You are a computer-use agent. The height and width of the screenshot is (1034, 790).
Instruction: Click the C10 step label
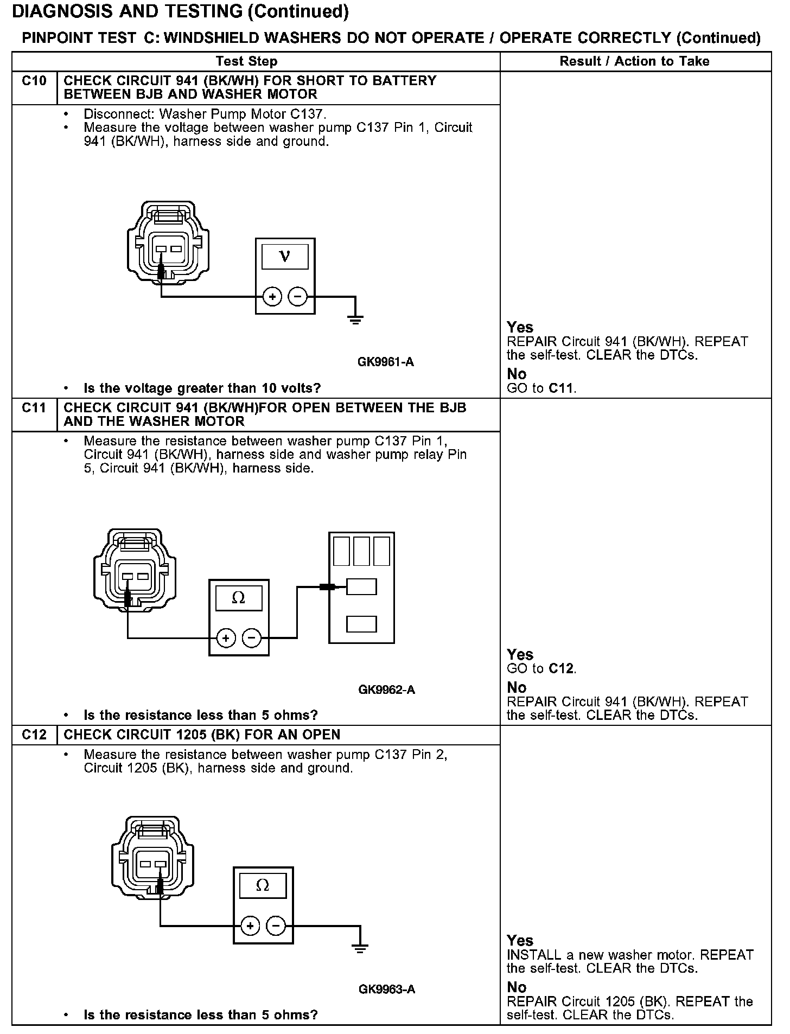click(34, 81)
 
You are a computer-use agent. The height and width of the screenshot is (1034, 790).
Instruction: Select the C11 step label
click(34, 408)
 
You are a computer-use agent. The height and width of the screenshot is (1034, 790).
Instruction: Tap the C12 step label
click(34, 735)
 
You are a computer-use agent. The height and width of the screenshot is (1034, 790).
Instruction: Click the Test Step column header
click(246, 61)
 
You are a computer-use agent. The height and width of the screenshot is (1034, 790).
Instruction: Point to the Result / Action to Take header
click(634, 61)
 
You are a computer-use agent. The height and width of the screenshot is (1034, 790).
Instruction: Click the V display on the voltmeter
click(285, 257)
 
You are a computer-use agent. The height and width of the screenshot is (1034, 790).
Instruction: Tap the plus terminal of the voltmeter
click(272, 297)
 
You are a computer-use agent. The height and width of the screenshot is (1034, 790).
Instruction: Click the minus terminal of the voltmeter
click(297, 297)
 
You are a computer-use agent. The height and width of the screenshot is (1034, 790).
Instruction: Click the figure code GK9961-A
click(386, 362)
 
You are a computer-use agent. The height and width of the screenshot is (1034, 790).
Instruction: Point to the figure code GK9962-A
click(386, 690)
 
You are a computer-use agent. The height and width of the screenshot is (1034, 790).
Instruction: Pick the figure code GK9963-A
click(386, 989)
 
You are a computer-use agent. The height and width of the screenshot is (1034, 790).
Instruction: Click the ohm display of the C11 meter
click(239, 598)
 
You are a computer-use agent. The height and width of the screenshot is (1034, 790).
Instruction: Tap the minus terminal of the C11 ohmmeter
click(251, 638)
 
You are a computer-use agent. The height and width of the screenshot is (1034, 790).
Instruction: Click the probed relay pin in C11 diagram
click(361, 586)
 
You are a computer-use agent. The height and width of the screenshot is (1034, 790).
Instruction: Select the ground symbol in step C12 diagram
click(359, 948)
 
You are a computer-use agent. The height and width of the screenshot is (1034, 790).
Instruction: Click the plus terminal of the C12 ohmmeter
click(250, 926)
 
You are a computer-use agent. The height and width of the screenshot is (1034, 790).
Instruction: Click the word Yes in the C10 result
click(520, 327)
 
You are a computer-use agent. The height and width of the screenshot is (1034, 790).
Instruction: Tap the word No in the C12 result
click(517, 987)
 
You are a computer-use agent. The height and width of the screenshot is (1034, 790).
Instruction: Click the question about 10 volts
click(202, 388)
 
